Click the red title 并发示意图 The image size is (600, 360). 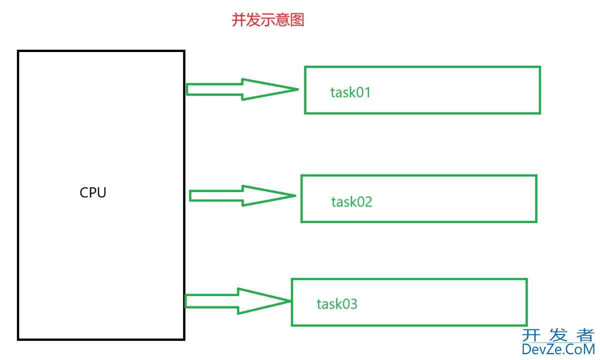(267, 20)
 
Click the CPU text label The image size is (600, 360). (93, 193)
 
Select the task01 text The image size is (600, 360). (350, 92)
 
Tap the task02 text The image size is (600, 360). (351, 202)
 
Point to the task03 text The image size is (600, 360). (337, 303)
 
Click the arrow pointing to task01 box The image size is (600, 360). (240, 89)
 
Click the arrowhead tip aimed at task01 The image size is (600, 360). (297, 90)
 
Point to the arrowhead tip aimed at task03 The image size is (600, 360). (290, 301)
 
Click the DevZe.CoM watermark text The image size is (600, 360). (558, 349)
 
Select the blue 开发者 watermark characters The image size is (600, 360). (558, 334)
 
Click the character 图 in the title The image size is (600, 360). (297, 20)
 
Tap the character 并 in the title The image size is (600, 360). (238, 20)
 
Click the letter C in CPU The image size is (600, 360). (84, 193)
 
